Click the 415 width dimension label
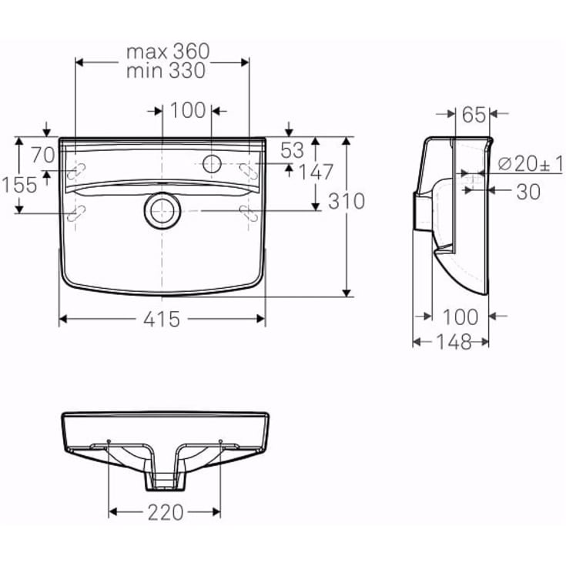[162, 319]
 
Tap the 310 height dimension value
[347, 202]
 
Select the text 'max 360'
[168, 52]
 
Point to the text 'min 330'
[166, 70]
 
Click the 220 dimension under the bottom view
[166, 512]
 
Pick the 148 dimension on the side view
[454, 342]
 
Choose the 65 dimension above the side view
[474, 115]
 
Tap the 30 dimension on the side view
[528, 192]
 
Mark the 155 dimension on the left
[19, 185]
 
